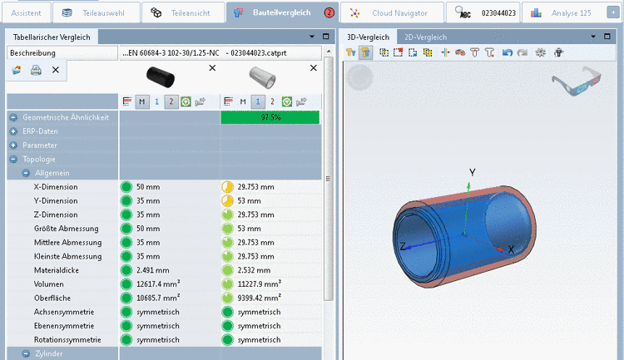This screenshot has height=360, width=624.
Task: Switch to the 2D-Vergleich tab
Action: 425,37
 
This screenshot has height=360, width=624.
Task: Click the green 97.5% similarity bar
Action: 270,117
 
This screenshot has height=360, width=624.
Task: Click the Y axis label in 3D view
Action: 473,172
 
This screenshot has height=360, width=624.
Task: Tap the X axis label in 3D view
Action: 511,249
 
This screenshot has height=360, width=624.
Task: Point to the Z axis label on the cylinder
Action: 403,246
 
